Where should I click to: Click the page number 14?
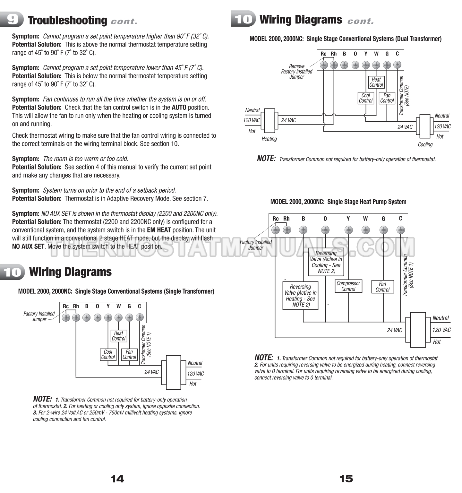pos(117,479)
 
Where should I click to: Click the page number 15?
pos(346,479)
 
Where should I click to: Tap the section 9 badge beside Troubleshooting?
pos(12,20)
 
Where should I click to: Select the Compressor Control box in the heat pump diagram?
pos(348,286)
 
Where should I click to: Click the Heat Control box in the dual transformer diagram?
pos(376,82)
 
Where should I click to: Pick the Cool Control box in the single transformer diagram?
pos(108,354)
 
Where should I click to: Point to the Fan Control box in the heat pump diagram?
pos(382,287)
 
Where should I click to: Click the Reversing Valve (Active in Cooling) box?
pos(326,262)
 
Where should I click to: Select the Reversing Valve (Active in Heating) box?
pos(300,296)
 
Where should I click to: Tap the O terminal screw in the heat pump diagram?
pos(325,230)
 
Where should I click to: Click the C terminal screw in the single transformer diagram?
pos(140,318)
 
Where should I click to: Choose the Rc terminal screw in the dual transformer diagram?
pos(323,65)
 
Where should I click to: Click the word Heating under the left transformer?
pos(269,139)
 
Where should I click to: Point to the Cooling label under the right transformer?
pos(425,144)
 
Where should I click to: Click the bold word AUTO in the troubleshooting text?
pos(179,108)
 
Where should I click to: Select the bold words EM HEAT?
pos(159,230)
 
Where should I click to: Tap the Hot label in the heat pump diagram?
pos(437,342)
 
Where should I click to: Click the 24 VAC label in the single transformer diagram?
pos(151,372)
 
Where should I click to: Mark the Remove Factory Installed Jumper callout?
pos(296,72)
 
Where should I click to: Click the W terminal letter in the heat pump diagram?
pos(365,219)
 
